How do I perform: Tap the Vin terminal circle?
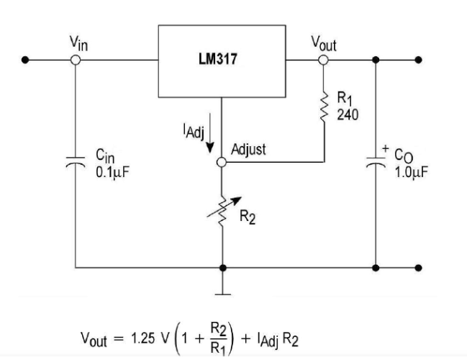point(76,60)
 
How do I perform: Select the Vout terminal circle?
point(324,60)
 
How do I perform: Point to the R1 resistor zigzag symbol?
point(324,105)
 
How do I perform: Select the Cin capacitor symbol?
point(76,163)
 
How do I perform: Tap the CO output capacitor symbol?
point(376,163)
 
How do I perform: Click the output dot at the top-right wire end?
point(420,60)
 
